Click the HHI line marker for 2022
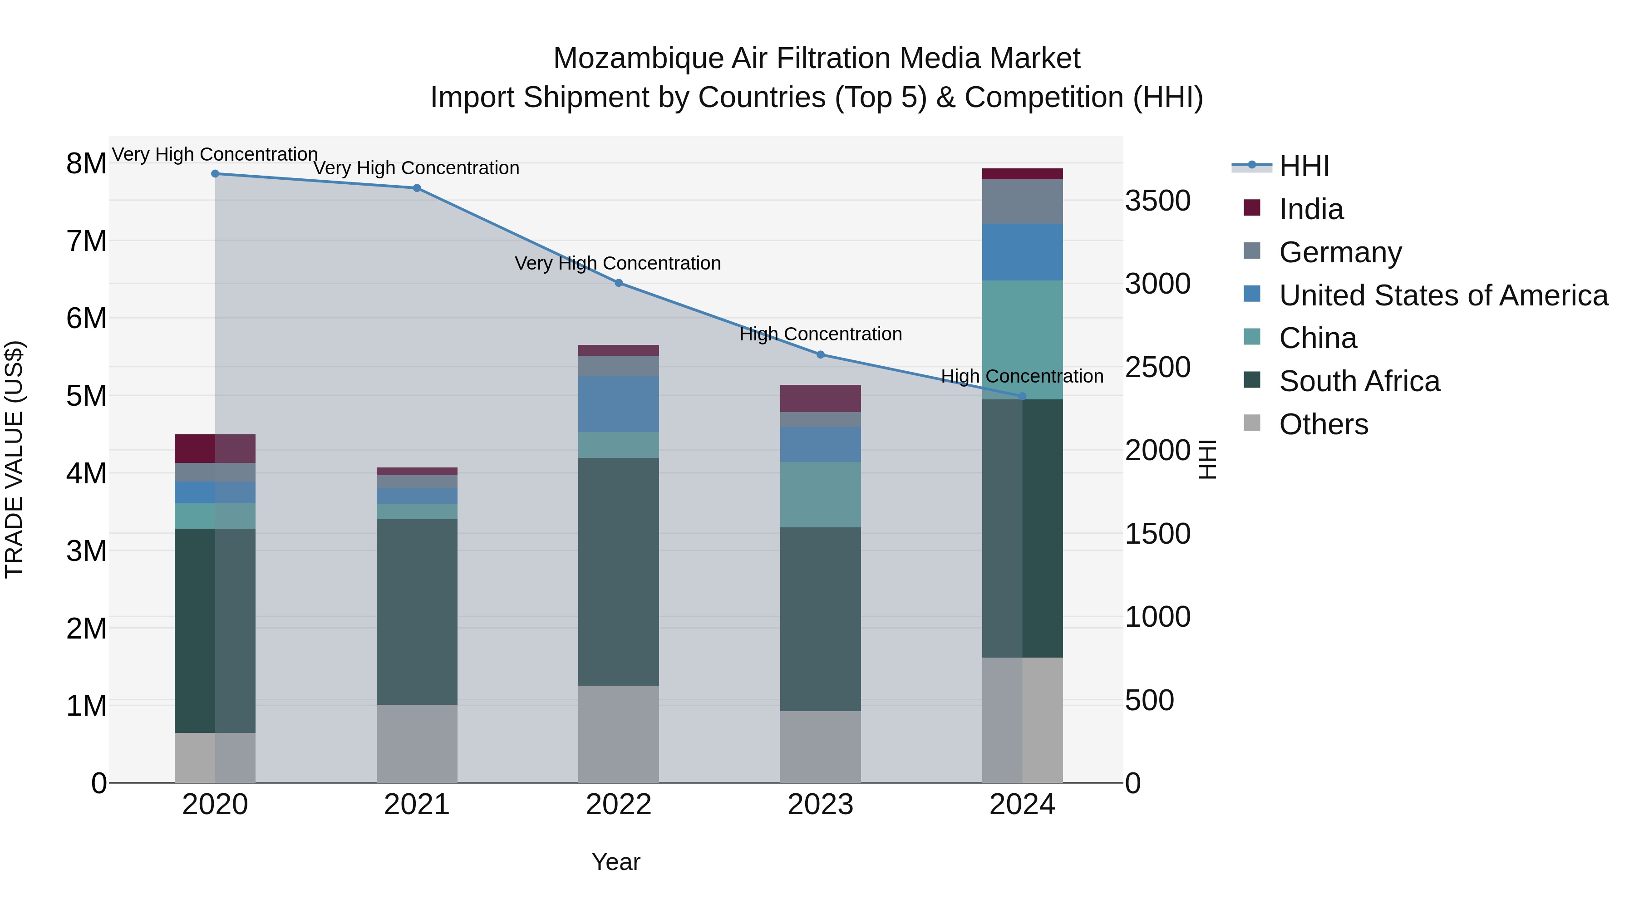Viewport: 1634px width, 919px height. (x=619, y=283)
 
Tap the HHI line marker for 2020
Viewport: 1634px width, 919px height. (x=215, y=174)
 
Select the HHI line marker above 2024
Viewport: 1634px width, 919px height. (x=1022, y=396)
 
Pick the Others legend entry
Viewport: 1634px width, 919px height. (x=1323, y=424)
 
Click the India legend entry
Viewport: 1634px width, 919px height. (x=1310, y=209)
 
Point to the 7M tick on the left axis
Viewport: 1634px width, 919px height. (x=86, y=241)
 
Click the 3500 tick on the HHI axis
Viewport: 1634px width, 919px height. (x=1157, y=201)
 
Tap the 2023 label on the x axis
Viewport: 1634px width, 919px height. (x=820, y=805)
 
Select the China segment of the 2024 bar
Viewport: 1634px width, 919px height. (x=1022, y=339)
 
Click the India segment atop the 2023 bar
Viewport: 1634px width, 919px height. (x=820, y=398)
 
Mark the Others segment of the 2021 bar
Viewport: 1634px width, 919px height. (x=417, y=743)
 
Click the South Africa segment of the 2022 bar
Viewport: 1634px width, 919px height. (x=619, y=571)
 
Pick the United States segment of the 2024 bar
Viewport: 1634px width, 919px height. (x=1022, y=252)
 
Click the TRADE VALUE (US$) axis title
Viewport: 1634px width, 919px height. (x=14, y=459)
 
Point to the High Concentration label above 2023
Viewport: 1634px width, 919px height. (x=820, y=334)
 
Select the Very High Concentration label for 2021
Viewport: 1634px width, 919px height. (x=416, y=168)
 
